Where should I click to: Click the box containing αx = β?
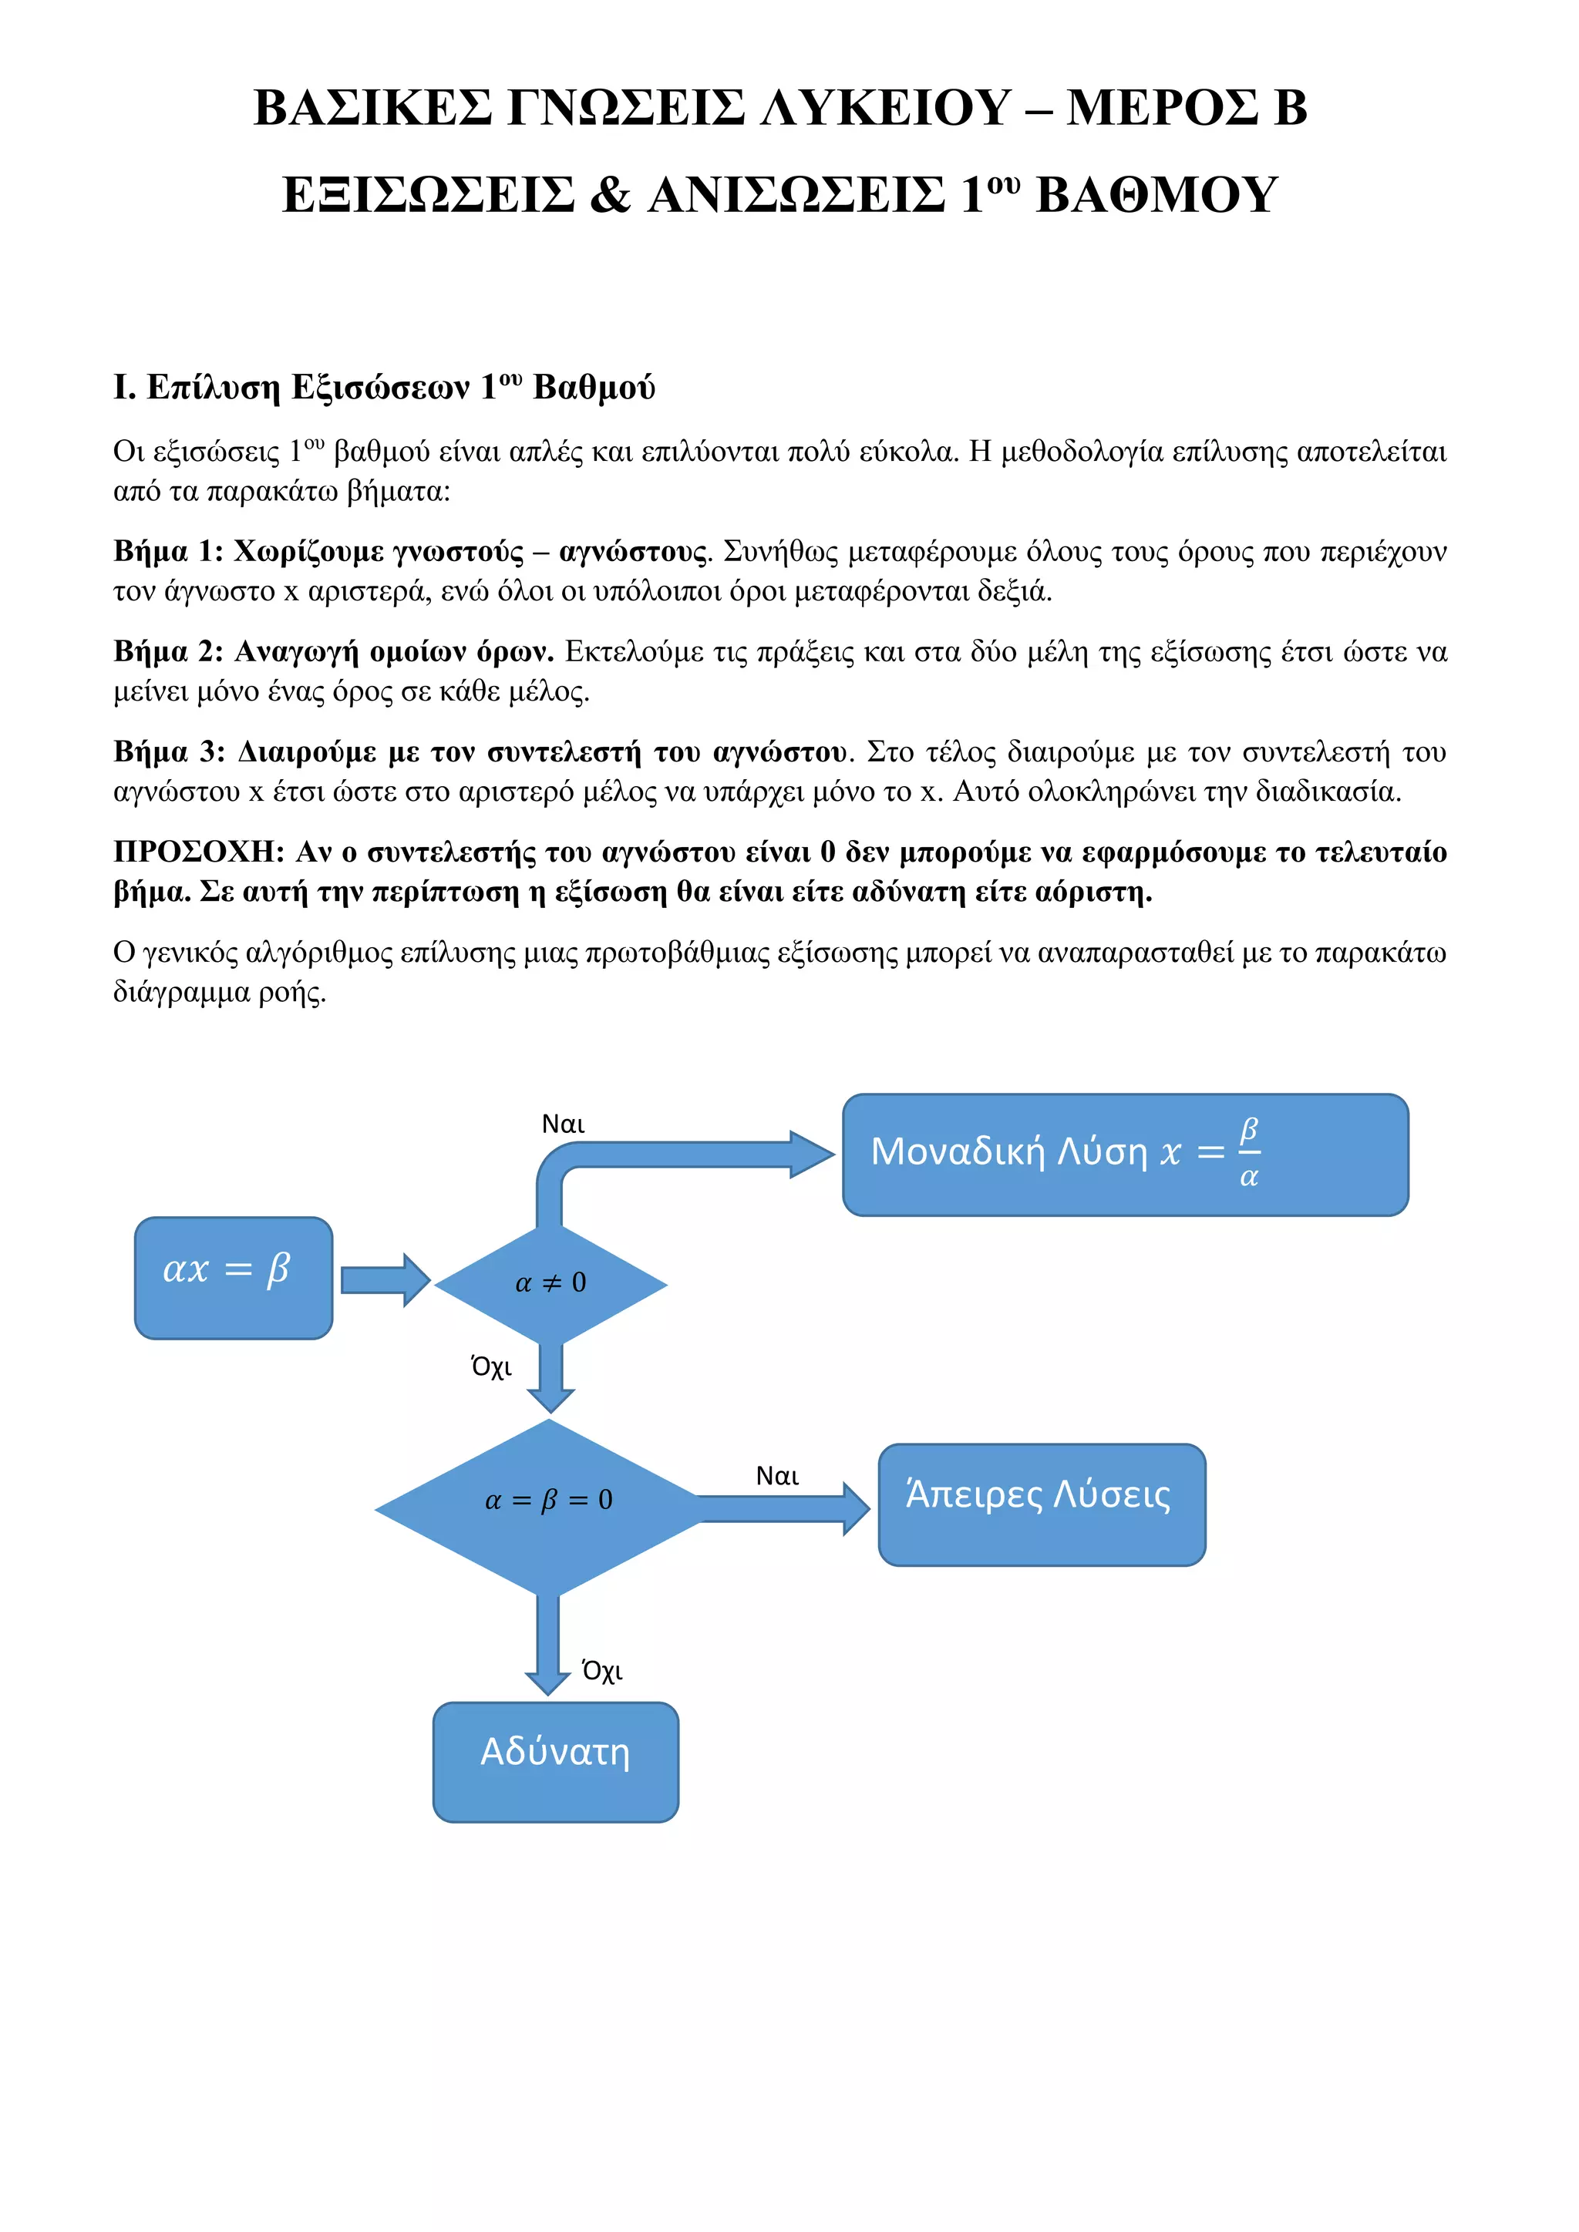click(x=234, y=1277)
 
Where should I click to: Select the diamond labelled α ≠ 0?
click(x=550, y=1284)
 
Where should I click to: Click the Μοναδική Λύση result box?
click(x=1125, y=1155)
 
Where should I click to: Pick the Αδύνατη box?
click(x=555, y=1762)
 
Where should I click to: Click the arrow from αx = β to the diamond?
click(x=385, y=1279)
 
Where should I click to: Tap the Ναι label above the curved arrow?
click(x=563, y=1124)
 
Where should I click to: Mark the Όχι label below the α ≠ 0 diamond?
click(x=491, y=1366)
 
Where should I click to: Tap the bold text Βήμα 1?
click(x=167, y=551)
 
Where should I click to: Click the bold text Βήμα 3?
click(x=168, y=751)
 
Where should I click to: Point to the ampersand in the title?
click(x=610, y=194)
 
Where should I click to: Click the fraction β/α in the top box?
click(x=1248, y=1153)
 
